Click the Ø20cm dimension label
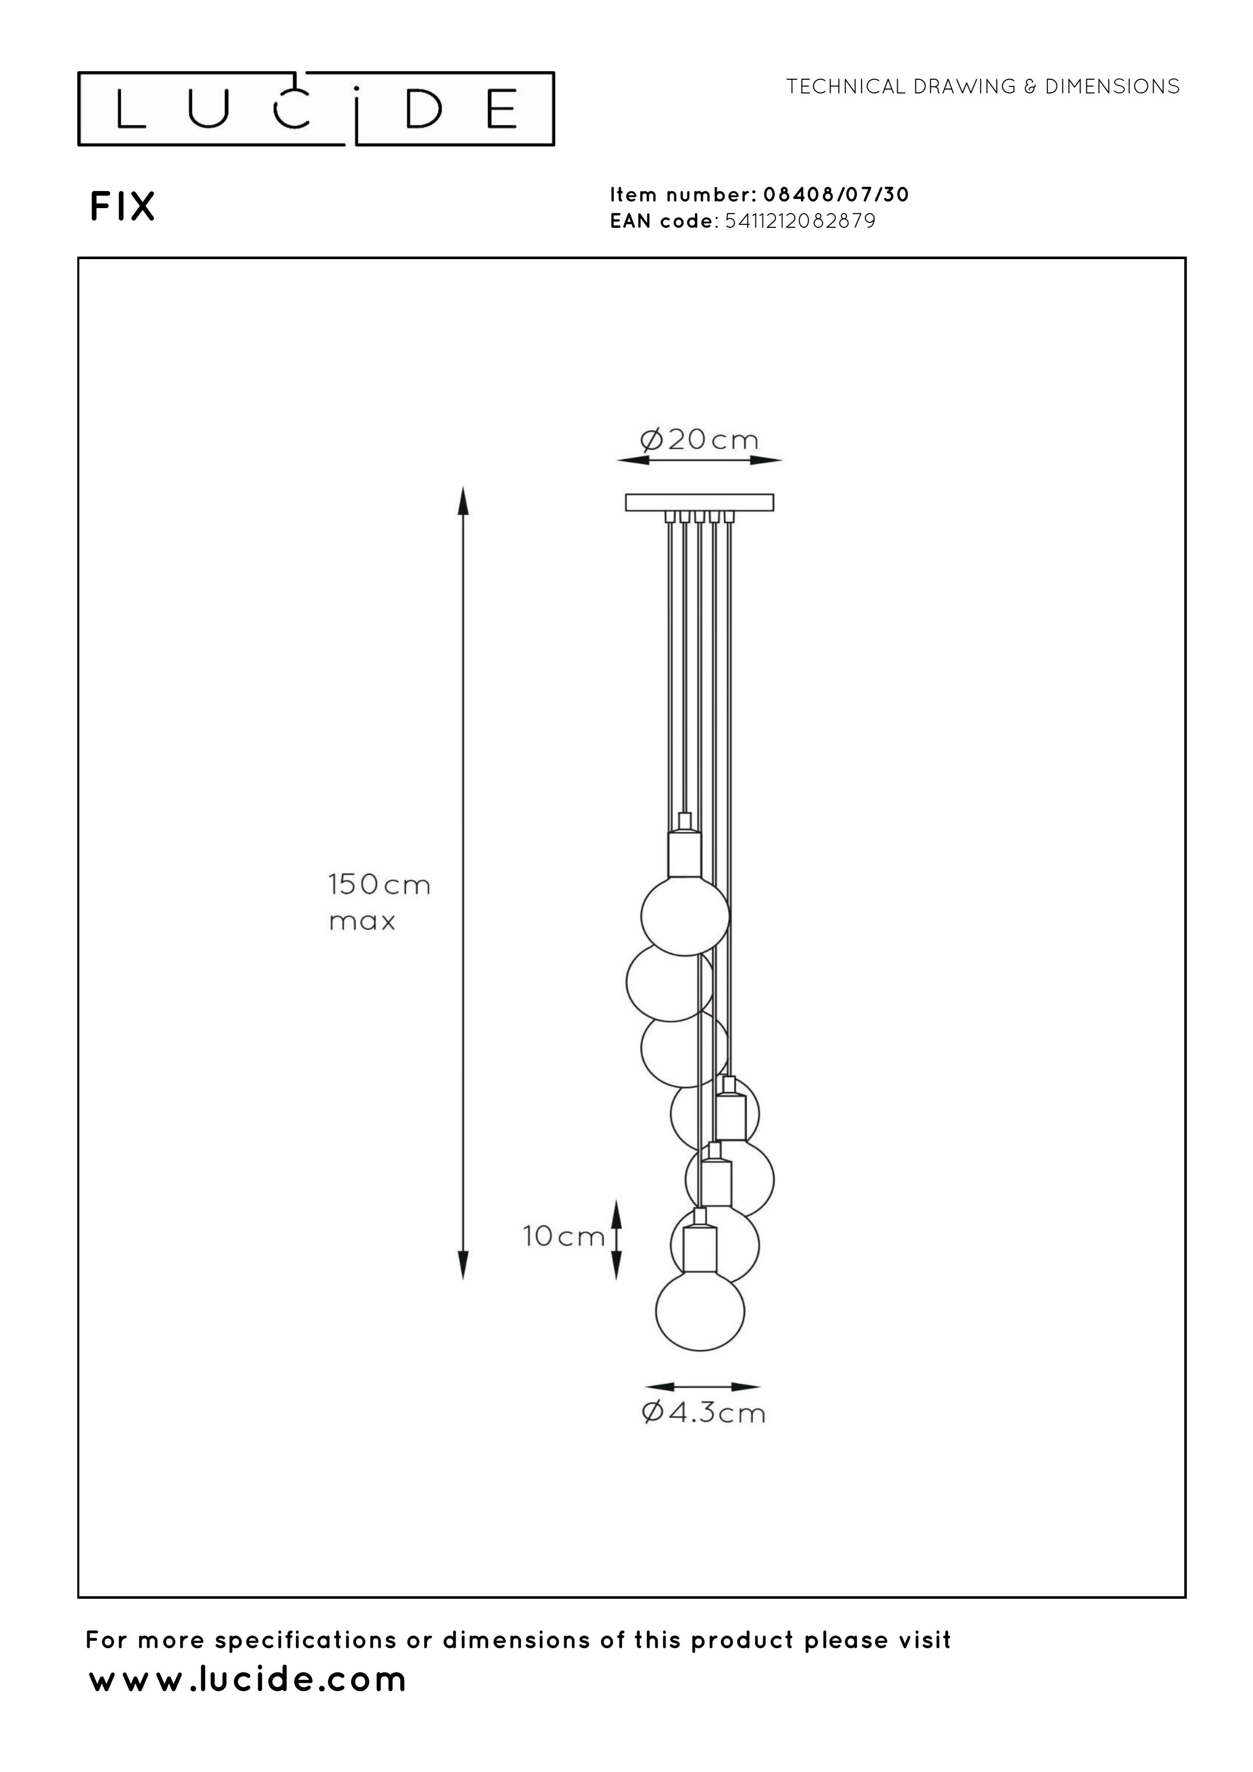point(699,440)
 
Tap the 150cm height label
point(379,884)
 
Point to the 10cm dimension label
point(563,1237)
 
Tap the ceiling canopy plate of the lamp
point(699,503)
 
